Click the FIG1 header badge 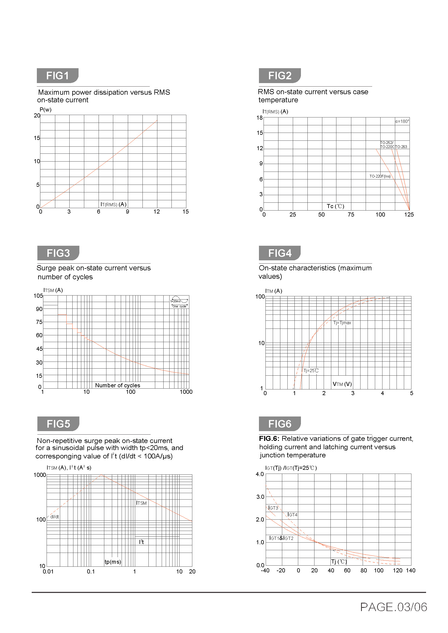pyautogui.click(x=58, y=76)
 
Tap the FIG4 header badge pyautogui.click(x=280, y=253)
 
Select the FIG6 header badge pyautogui.click(x=280, y=424)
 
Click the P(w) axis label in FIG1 pyautogui.click(x=46, y=110)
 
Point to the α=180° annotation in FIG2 pyautogui.click(x=402, y=121)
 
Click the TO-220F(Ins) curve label pyautogui.click(x=380, y=176)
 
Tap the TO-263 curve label pyautogui.click(x=401, y=147)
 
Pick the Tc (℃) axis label pyautogui.click(x=335, y=206)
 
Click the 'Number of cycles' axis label pyautogui.click(x=118, y=385)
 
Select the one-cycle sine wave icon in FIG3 pyautogui.click(x=179, y=301)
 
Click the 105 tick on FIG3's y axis pyautogui.click(x=38, y=296)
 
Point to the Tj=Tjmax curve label pyautogui.click(x=342, y=323)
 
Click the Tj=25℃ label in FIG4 pyautogui.click(x=311, y=370)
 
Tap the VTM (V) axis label pyautogui.click(x=342, y=384)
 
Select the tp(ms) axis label pyautogui.click(x=113, y=562)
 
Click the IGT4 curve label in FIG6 pyautogui.click(x=292, y=514)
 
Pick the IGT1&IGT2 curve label pyautogui.click(x=281, y=538)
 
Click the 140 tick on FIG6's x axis pyautogui.click(x=410, y=570)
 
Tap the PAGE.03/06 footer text pyautogui.click(x=393, y=607)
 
